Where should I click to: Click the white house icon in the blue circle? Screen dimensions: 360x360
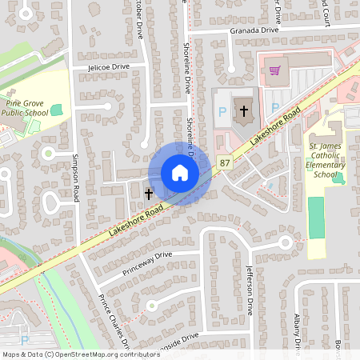(179, 173)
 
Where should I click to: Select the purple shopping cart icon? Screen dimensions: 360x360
(274, 70)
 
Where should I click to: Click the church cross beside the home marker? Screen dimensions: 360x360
(148, 193)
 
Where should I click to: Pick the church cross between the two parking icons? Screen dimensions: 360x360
(243, 111)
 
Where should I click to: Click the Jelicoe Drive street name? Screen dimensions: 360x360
(108, 67)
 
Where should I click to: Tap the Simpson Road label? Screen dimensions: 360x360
(78, 180)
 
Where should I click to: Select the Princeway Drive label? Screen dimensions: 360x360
(147, 265)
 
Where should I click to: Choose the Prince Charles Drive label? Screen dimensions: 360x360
(114, 324)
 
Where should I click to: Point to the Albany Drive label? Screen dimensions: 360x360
(298, 334)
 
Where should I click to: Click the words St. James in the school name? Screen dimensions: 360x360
(326, 147)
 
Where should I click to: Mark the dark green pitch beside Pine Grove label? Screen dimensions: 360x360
(56, 110)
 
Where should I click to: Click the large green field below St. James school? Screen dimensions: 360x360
(317, 216)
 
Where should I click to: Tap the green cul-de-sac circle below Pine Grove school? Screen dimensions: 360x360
(48, 152)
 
